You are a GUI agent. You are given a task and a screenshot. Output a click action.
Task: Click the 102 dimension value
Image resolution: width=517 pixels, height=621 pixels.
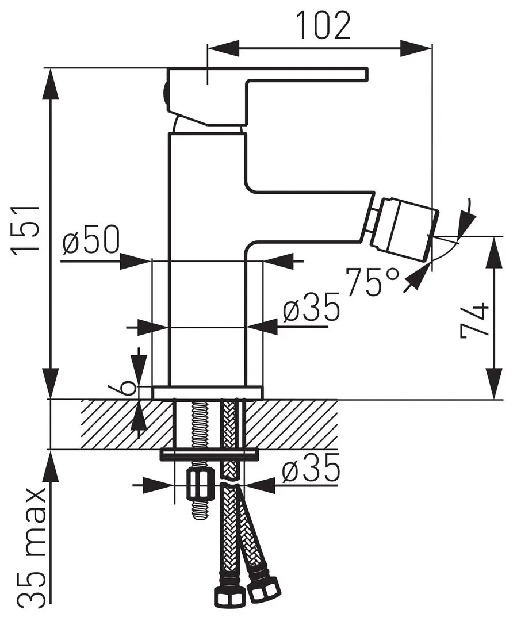323,26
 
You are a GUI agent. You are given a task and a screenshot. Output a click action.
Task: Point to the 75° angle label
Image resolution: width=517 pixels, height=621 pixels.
372,281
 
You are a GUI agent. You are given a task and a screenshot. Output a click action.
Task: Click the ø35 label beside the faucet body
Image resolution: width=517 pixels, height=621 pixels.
311,310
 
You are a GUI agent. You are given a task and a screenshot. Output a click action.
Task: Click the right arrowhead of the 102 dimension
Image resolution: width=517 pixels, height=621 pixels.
416,48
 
